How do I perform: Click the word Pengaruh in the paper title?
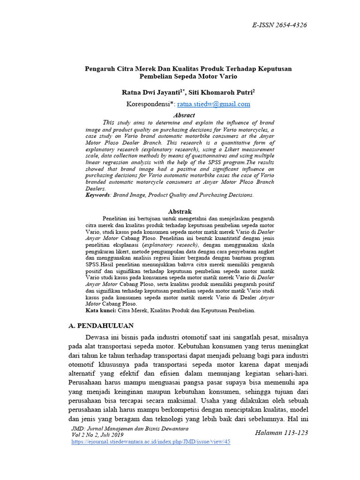pos(99,68)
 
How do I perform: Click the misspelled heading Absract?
pos(184,115)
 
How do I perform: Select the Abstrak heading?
pos(180,211)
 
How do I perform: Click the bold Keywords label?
pos(97,195)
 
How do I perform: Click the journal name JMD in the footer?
pos(76,429)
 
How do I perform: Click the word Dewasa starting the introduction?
pos(98,337)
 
